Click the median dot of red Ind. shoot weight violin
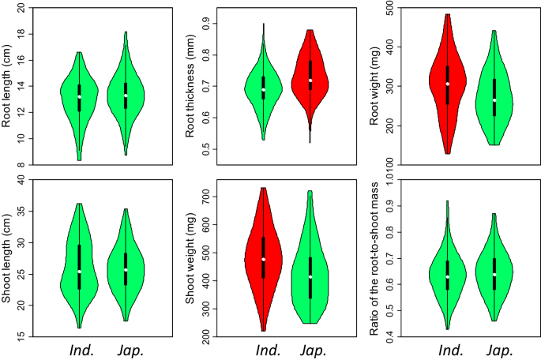click(263, 260)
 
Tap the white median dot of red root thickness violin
click(310, 81)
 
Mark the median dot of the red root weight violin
click(447, 84)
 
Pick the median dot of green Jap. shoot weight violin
click(310, 277)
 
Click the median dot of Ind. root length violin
click(79, 97)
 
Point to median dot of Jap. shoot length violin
click(125, 270)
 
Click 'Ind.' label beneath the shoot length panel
click(79, 350)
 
